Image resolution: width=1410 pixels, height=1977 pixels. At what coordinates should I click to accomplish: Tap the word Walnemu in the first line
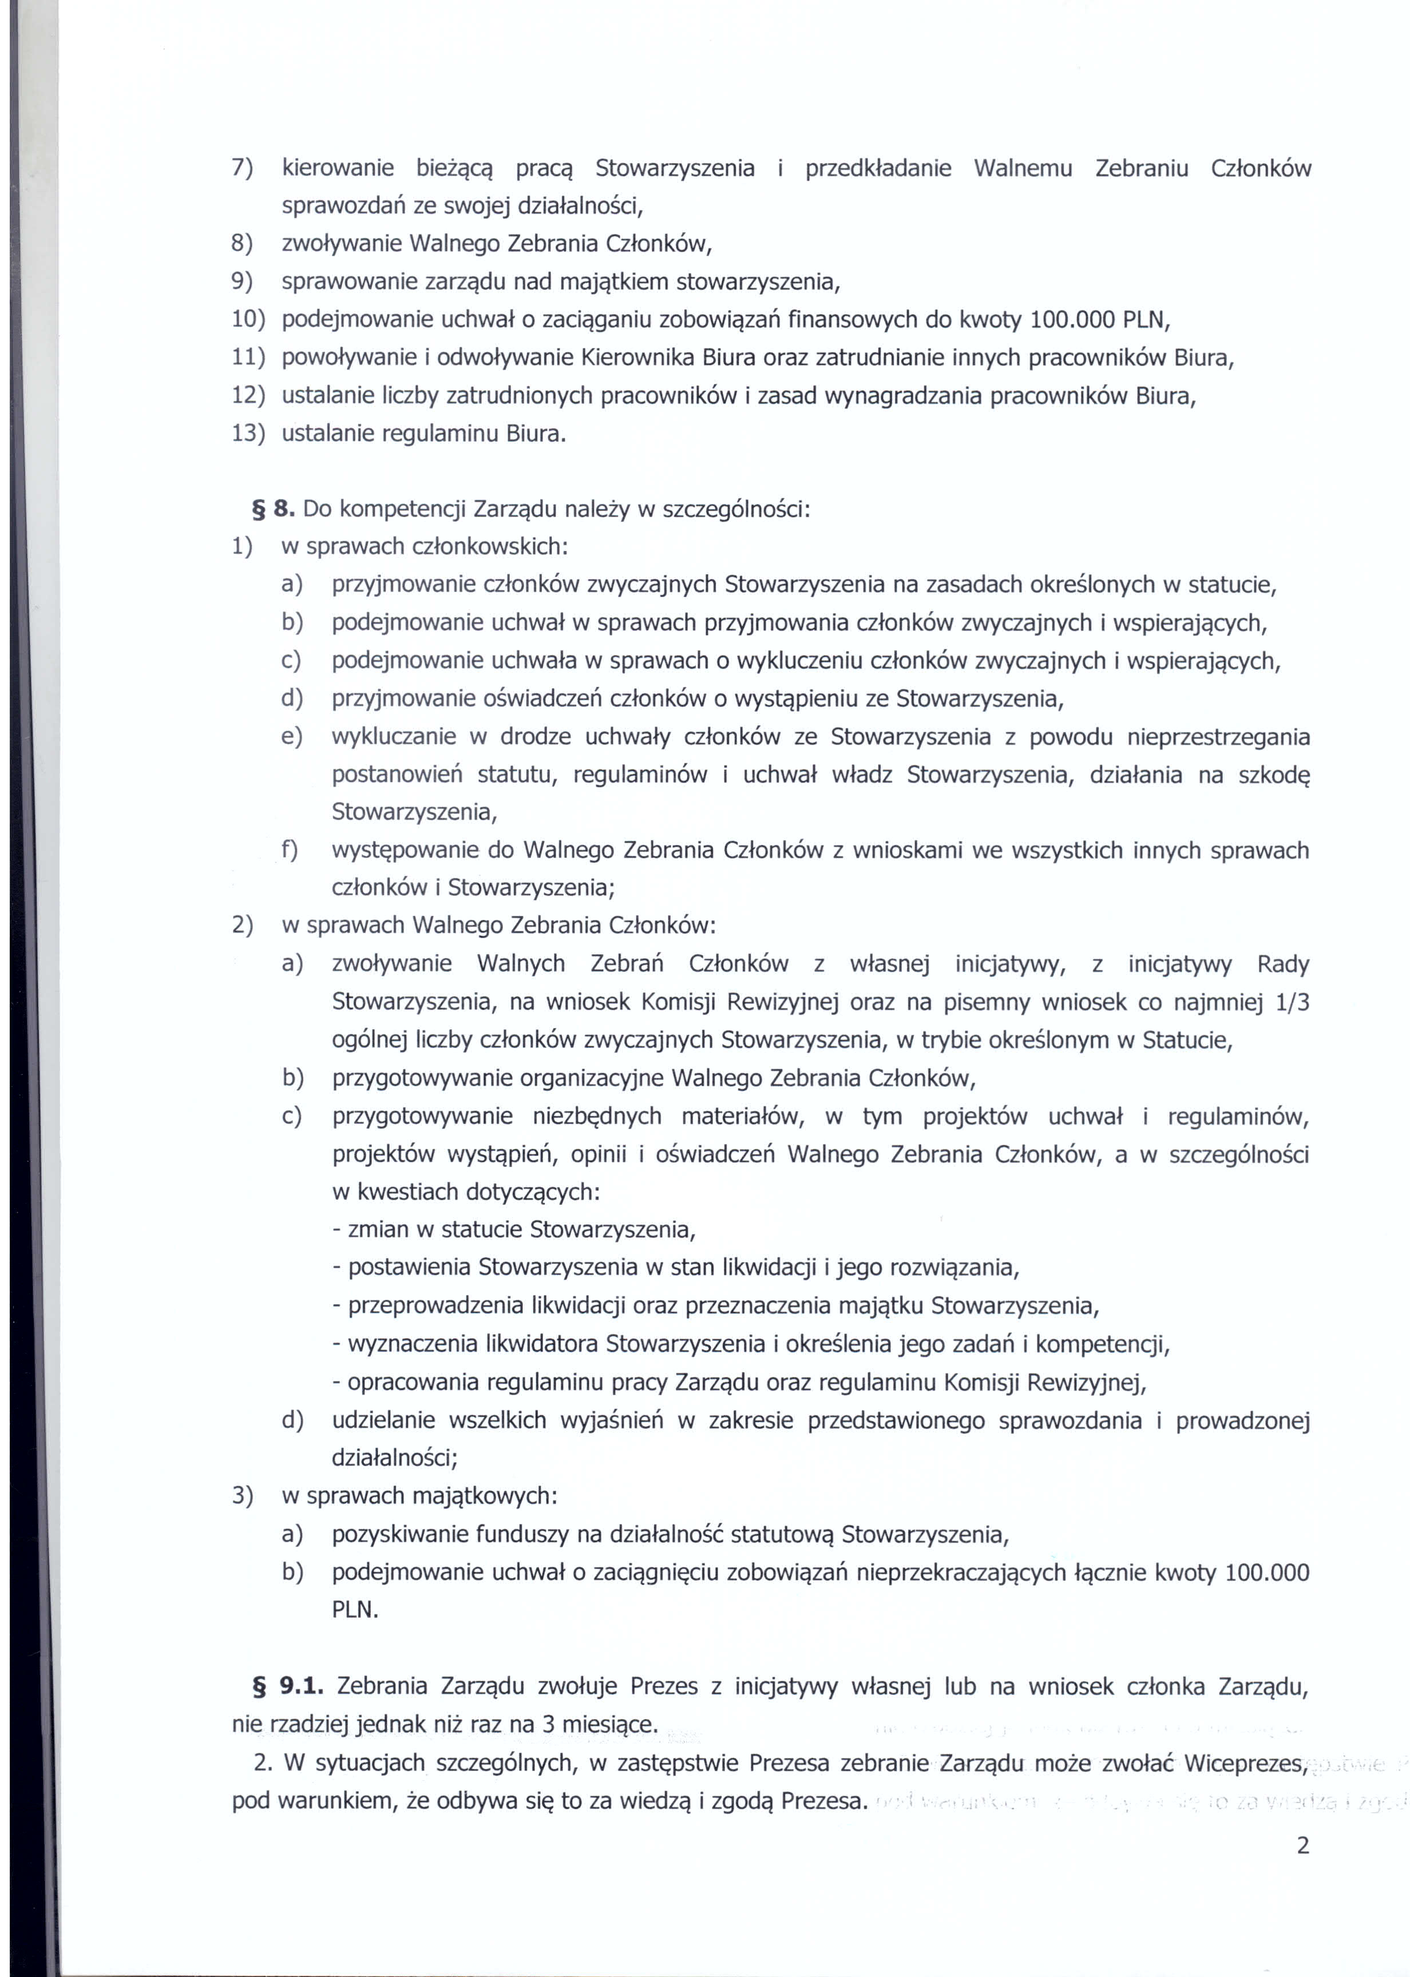[x=1023, y=168]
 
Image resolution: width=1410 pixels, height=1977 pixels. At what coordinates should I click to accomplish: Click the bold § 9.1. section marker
[x=287, y=1686]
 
